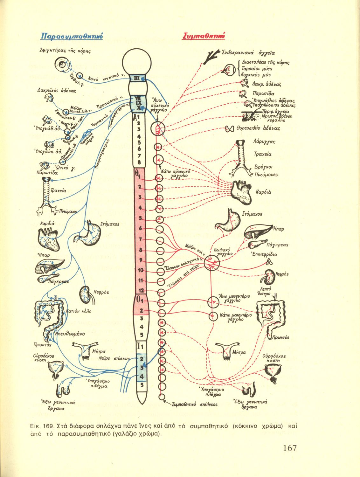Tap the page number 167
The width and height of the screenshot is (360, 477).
click(289, 448)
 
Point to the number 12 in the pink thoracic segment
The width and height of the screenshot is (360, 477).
click(142, 290)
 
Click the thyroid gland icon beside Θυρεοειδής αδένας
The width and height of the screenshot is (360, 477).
click(229, 129)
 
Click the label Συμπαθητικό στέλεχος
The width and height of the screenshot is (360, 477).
click(194, 404)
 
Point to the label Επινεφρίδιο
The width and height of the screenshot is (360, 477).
click(264, 254)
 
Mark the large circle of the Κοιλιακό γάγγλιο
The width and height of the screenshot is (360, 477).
click(211, 263)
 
